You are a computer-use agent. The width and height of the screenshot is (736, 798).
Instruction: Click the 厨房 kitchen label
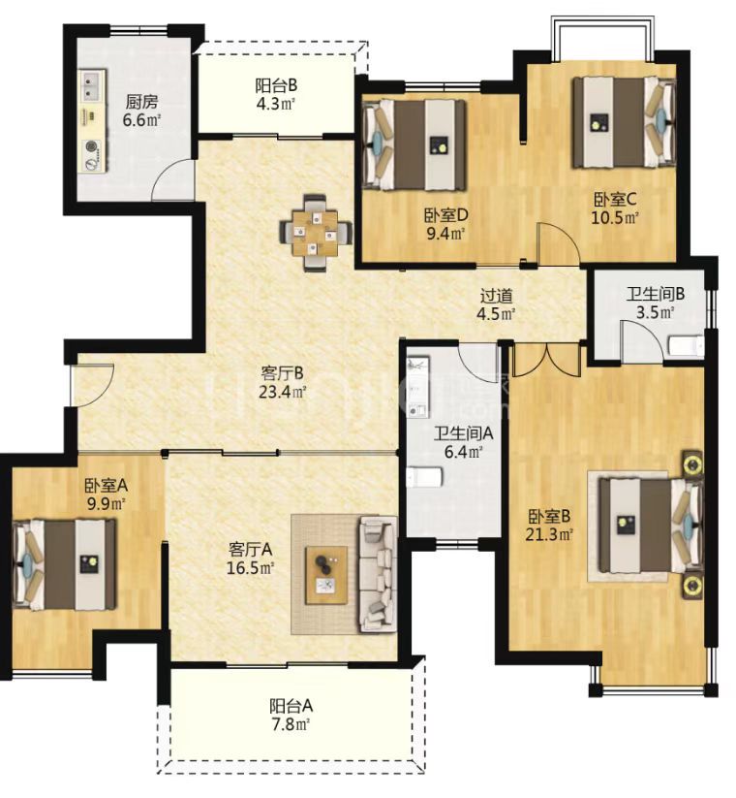[x=141, y=102]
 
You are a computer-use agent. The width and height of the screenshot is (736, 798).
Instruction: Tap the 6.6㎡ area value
[x=141, y=120]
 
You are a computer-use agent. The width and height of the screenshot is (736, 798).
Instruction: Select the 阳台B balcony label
[x=275, y=85]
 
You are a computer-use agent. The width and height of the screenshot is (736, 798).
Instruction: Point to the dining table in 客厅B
[x=315, y=233]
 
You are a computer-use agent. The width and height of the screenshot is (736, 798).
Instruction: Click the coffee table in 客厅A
[x=326, y=575]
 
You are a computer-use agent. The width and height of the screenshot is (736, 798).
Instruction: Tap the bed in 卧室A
[x=65, y=564]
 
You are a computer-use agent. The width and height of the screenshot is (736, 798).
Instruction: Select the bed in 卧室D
[x=414, y=145]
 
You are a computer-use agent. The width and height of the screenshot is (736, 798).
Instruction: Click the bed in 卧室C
[x=625, y=121]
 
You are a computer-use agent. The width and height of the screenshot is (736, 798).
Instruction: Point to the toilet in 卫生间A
[x=425, y=476]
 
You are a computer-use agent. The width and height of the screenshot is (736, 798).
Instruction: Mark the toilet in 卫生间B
[x=686, y=345]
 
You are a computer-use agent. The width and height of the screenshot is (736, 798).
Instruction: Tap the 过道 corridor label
[x=497, y=295]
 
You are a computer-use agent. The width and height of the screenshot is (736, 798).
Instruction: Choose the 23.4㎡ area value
[x=283, y=392]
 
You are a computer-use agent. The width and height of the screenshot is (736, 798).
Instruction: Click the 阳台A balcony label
[x=291, y=706]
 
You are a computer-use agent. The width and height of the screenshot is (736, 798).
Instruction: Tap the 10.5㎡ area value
[x=615, y=217]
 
